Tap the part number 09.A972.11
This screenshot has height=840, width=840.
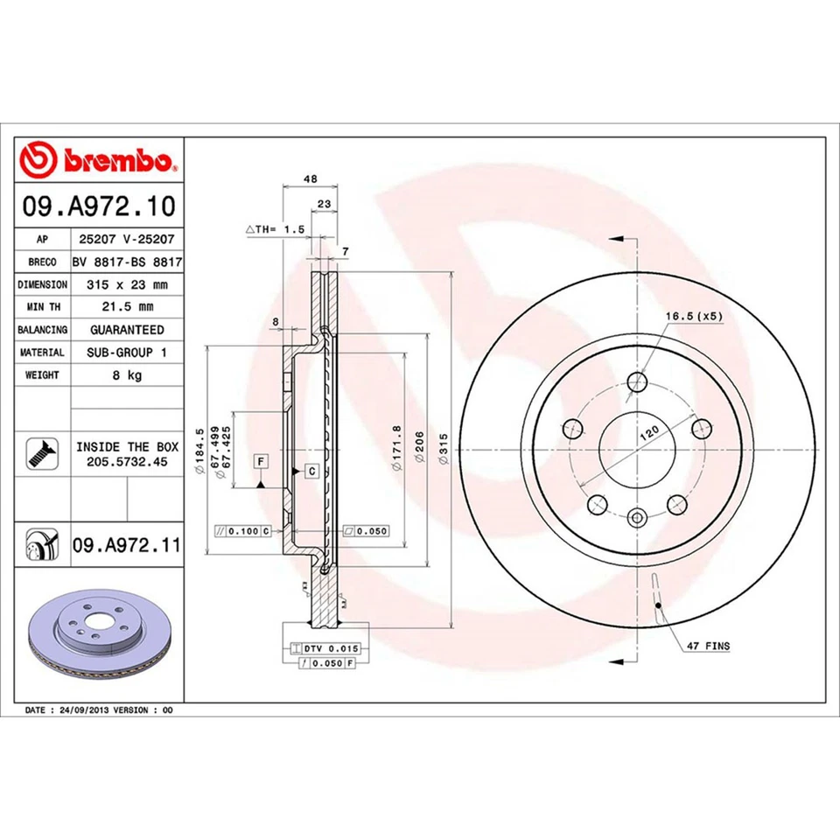126,546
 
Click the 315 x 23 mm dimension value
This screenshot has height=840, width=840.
127,284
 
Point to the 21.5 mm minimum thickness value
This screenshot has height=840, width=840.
127,307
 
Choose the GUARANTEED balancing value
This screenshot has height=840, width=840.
127,330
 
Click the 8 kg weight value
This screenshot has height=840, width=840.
127,375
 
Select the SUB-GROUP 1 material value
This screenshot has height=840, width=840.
127,353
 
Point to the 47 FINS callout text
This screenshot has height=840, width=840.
707,646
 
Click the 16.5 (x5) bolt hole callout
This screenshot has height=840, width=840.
693,316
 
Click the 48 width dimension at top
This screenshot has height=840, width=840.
310,178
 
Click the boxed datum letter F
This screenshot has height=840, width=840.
261,460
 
